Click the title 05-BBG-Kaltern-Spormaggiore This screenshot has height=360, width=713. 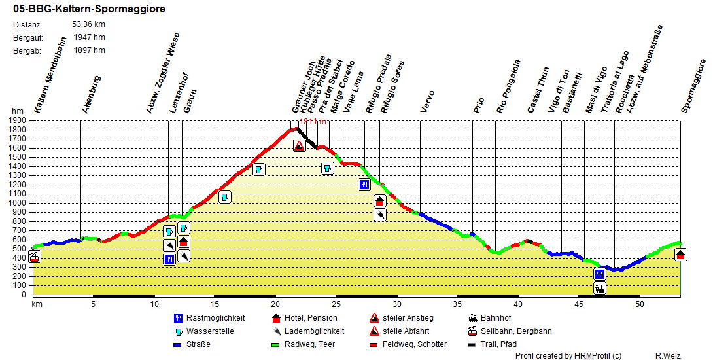pos(89,9)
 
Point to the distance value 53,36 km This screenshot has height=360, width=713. pos(88,25)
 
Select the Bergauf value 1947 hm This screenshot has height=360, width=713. pos(90,37)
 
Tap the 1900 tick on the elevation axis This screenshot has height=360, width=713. pos(18,120)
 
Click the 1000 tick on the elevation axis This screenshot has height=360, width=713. pos(18,203)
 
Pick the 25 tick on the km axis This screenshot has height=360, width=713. pos(336,304)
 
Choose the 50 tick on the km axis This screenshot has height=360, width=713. pos(640,304)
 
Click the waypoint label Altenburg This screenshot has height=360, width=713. pos(91,95)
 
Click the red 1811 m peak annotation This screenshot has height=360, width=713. pos(312,122)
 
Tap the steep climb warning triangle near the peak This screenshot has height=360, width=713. pos(299,146)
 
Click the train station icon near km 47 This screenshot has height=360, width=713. pos(600,288)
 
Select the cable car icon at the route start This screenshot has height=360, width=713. pos(35,257)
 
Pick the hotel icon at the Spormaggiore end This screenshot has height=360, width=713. pos(681,255)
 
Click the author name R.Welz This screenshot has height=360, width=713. pos(669,356)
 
